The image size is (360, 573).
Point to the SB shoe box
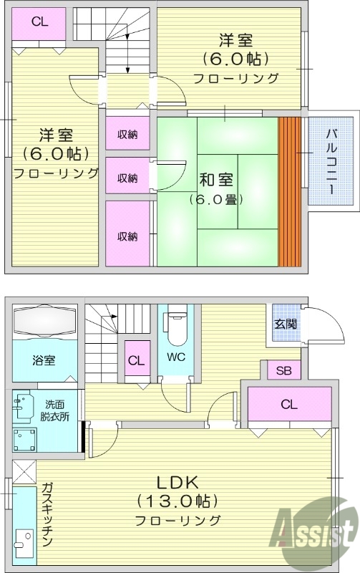(283, 370)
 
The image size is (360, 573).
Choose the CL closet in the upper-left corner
(39, 21)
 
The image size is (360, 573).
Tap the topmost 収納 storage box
(128, 135)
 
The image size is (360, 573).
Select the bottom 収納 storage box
(128, 236)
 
